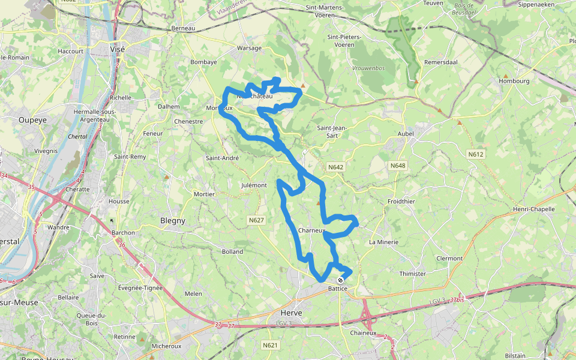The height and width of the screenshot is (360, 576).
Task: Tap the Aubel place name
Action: click(406, 133)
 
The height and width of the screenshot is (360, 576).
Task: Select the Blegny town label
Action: click(173, 221)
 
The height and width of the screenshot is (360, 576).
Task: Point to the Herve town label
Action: click(292, 313)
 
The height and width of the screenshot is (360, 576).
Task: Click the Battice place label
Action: click(338, 289)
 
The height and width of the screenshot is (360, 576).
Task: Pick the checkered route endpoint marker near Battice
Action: click(341, 280)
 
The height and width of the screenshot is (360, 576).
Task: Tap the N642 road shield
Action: click(335, 166)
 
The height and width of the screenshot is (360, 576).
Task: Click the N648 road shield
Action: click(398, 166)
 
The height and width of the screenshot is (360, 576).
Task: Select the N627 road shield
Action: click(256, 220)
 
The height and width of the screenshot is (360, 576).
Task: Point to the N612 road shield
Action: click(476, 154)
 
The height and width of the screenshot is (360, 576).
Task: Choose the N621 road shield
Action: click(271, 345)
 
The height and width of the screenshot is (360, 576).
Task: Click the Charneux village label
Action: click(311, 230)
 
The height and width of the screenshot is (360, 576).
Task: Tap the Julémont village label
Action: click(253, 185)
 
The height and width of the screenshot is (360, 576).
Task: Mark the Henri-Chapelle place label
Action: click(534, 209)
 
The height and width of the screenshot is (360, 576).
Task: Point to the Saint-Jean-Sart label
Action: click(332, 131)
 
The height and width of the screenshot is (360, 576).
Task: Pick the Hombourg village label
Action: click(512, 80)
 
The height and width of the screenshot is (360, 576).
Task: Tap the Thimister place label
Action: click(412, 274)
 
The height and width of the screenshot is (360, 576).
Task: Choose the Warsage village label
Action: click(250, 47)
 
